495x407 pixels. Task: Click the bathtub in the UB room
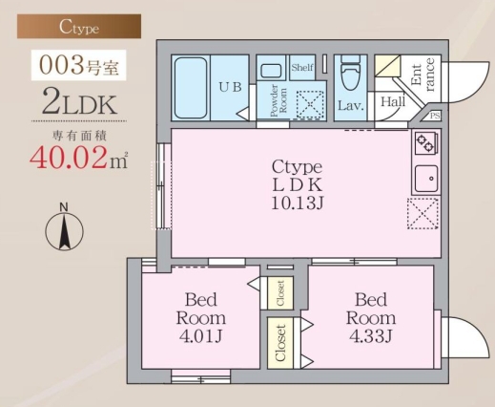[194, 86]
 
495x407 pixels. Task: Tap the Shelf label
[303, 68]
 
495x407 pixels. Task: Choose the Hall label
[392, 101]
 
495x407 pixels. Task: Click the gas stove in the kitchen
[424, 144]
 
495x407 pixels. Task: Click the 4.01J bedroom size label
[200, 336]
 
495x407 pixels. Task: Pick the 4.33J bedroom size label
[370, 335]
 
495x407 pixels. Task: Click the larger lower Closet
[280, 342]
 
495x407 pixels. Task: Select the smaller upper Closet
[279, 292]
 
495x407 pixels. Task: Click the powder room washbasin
[271, 70]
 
